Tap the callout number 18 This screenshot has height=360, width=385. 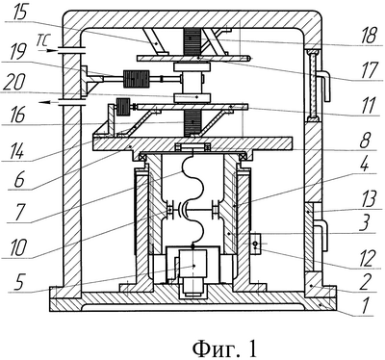pyautogui.click(x=370, y=36)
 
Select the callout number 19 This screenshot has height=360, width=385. pyautogui.click(x=18, y=52)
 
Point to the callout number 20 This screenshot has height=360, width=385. pyautogui.click(x=13, y=83)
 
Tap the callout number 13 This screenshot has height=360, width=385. pyautogui.click(x=369, y=199)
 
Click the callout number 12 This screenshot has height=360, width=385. pyautogui.click(x=367, y=258)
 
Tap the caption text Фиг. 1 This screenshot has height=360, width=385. pyautogui.click(x=224, y=348)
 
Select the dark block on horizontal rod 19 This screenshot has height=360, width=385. pyautogui.click(x=137, y=79)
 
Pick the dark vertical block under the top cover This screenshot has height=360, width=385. pyautogui.click(x=192, y=41)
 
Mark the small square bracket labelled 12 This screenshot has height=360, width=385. pyautogui.click(x=255, y=244)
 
